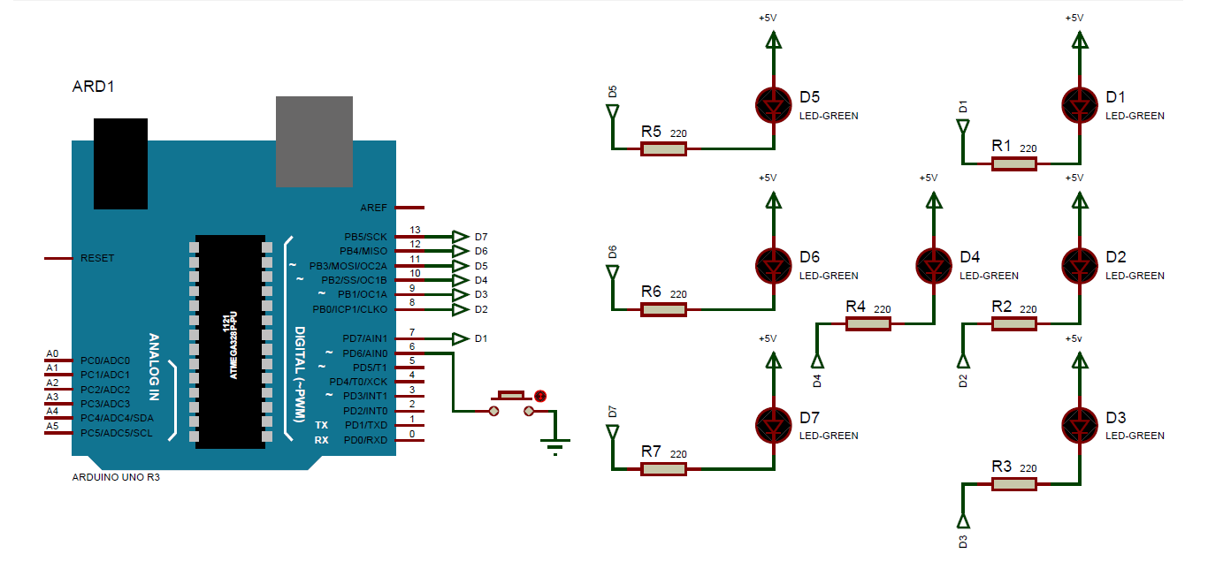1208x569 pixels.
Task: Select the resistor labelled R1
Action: click(1013, 163)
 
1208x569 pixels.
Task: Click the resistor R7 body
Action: click(663, 469)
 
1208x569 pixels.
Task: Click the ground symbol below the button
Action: click(554, 445)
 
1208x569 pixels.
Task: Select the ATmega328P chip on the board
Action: click(230, 341)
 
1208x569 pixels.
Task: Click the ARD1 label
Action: click(93, 87)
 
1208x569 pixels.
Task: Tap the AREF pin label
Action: click(373, 209)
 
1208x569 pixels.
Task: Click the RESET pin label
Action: click(97, 258)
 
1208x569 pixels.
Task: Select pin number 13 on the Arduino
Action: click(414, 230)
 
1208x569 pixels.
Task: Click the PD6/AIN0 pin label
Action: click(364, 353)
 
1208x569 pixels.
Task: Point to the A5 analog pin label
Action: click(52, 426)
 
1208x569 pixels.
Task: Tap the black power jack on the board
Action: click(120, 163)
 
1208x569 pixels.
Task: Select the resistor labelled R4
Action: click(868, 324)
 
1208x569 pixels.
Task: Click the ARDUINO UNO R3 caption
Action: click(115, 476)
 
